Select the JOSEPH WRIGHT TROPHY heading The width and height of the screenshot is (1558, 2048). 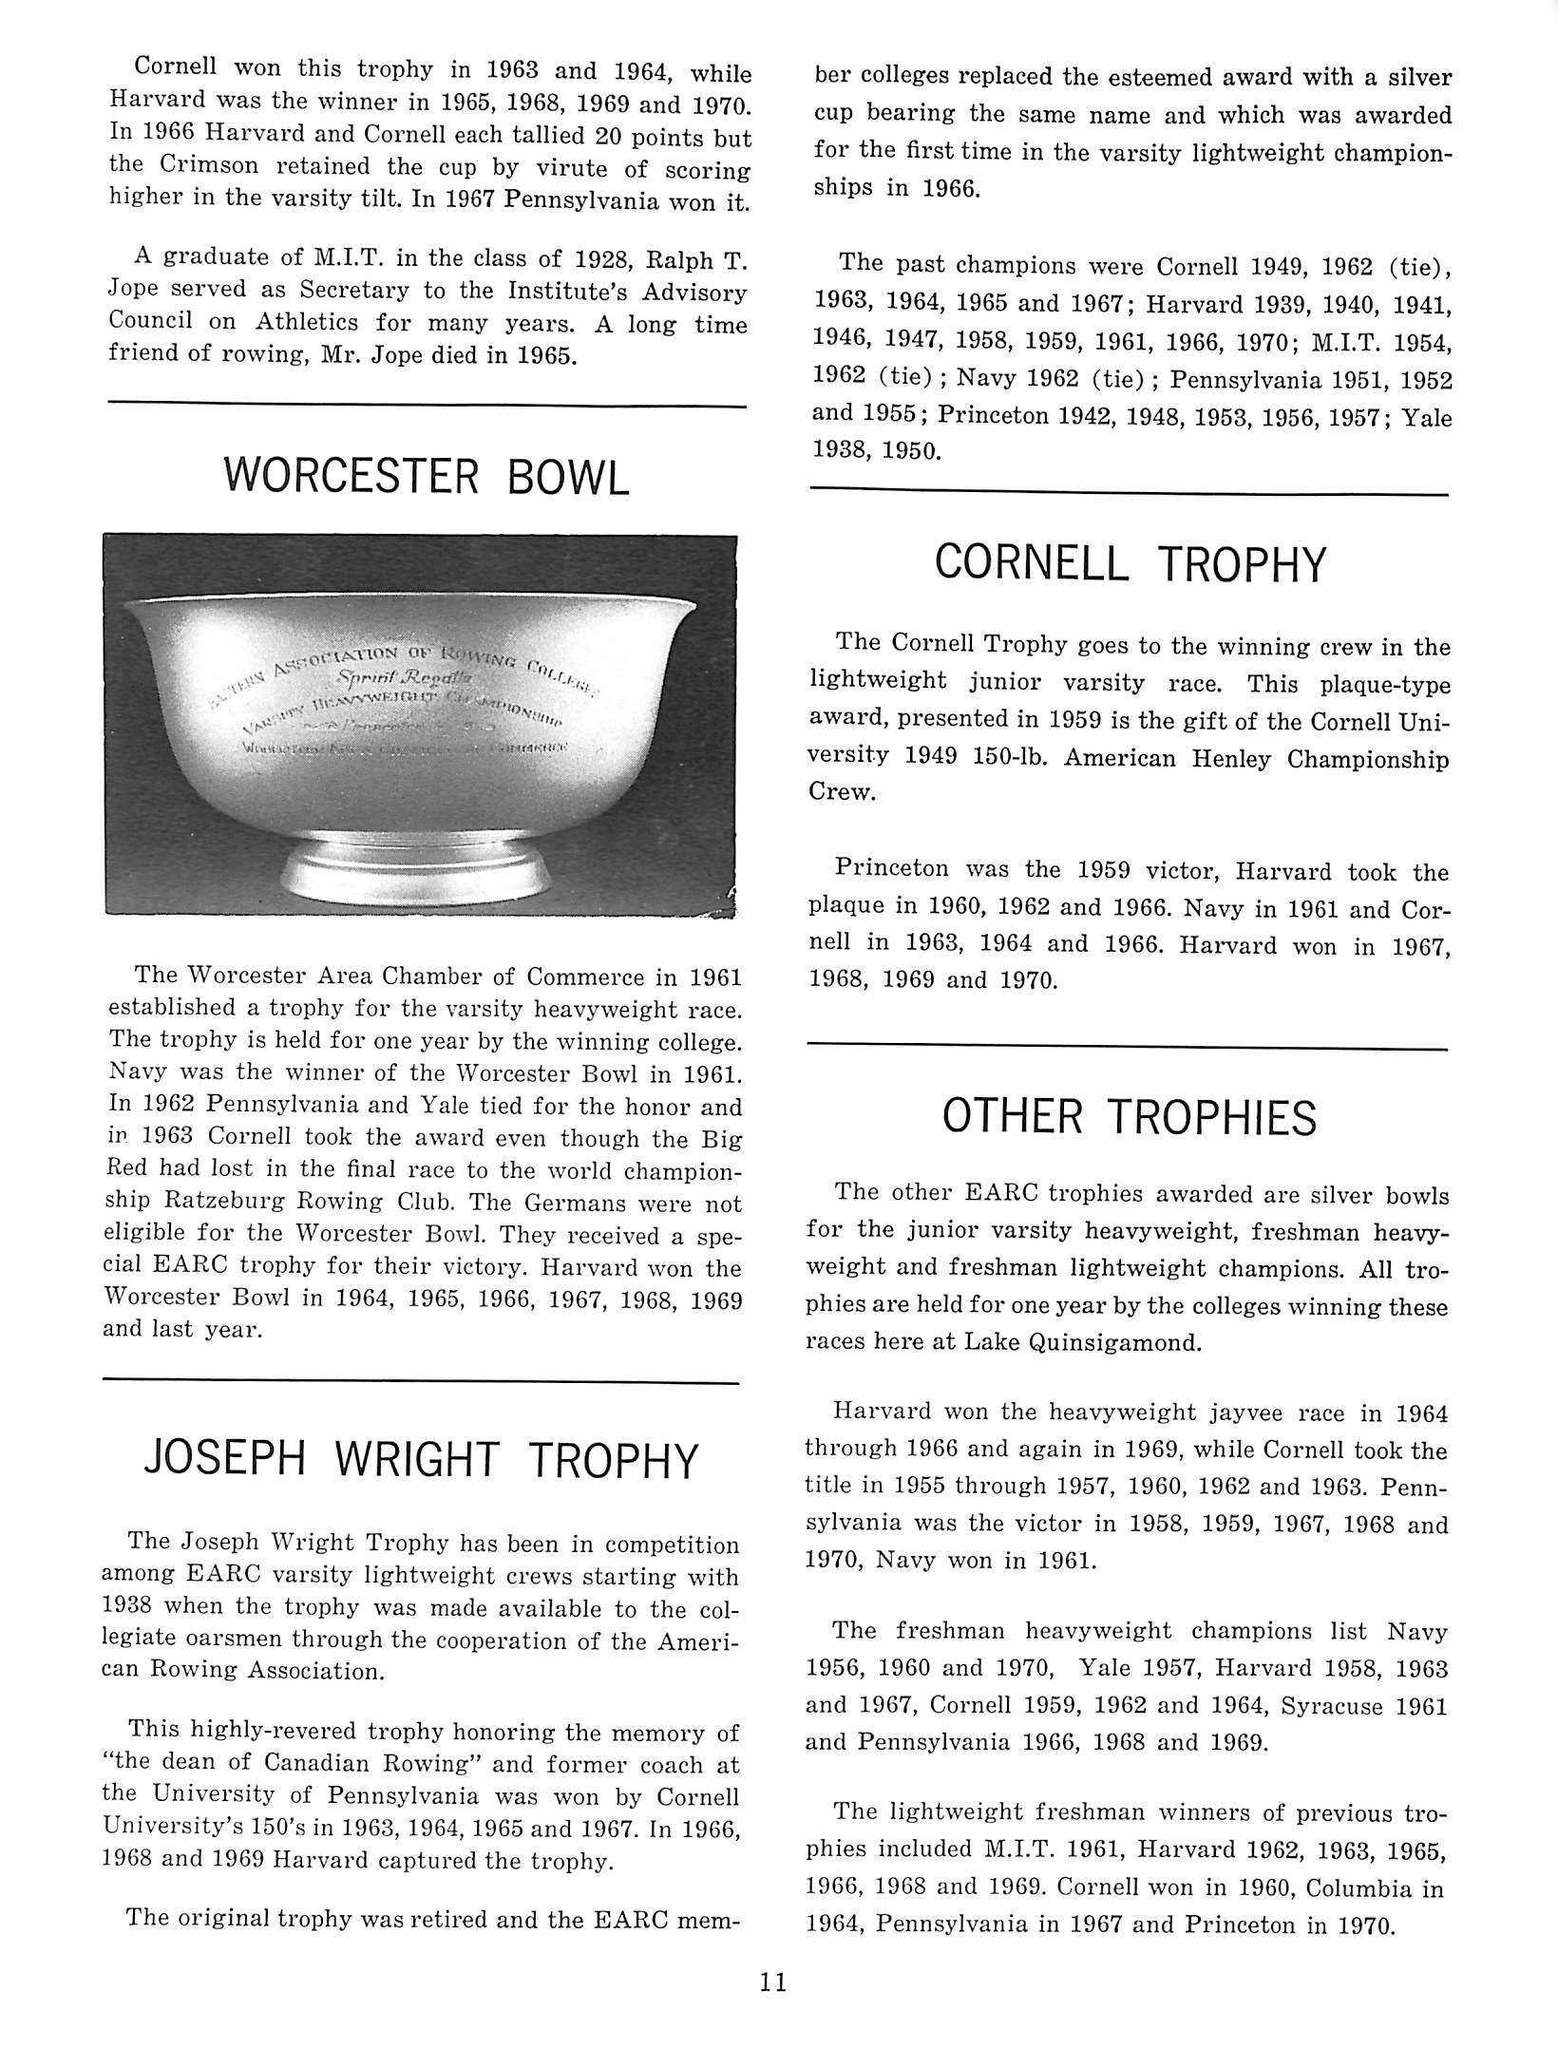point(421,1460)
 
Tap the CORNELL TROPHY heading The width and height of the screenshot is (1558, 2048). point(1129,563)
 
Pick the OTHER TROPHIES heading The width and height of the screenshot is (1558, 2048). point(1129,1117)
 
